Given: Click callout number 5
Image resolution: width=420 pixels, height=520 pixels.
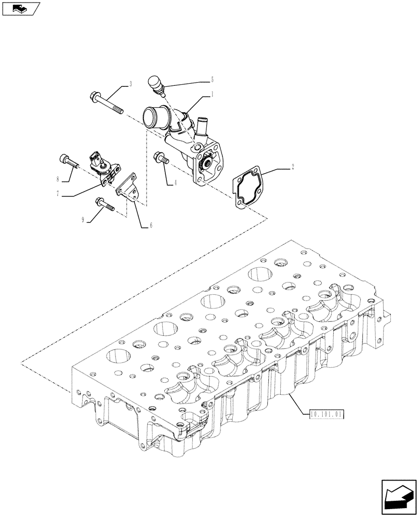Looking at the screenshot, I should click(x=212, y=80).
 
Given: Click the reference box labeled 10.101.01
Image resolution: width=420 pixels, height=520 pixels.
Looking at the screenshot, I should click(x=327, y=415).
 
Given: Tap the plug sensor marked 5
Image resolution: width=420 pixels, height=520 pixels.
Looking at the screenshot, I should click(x=155, y=84).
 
